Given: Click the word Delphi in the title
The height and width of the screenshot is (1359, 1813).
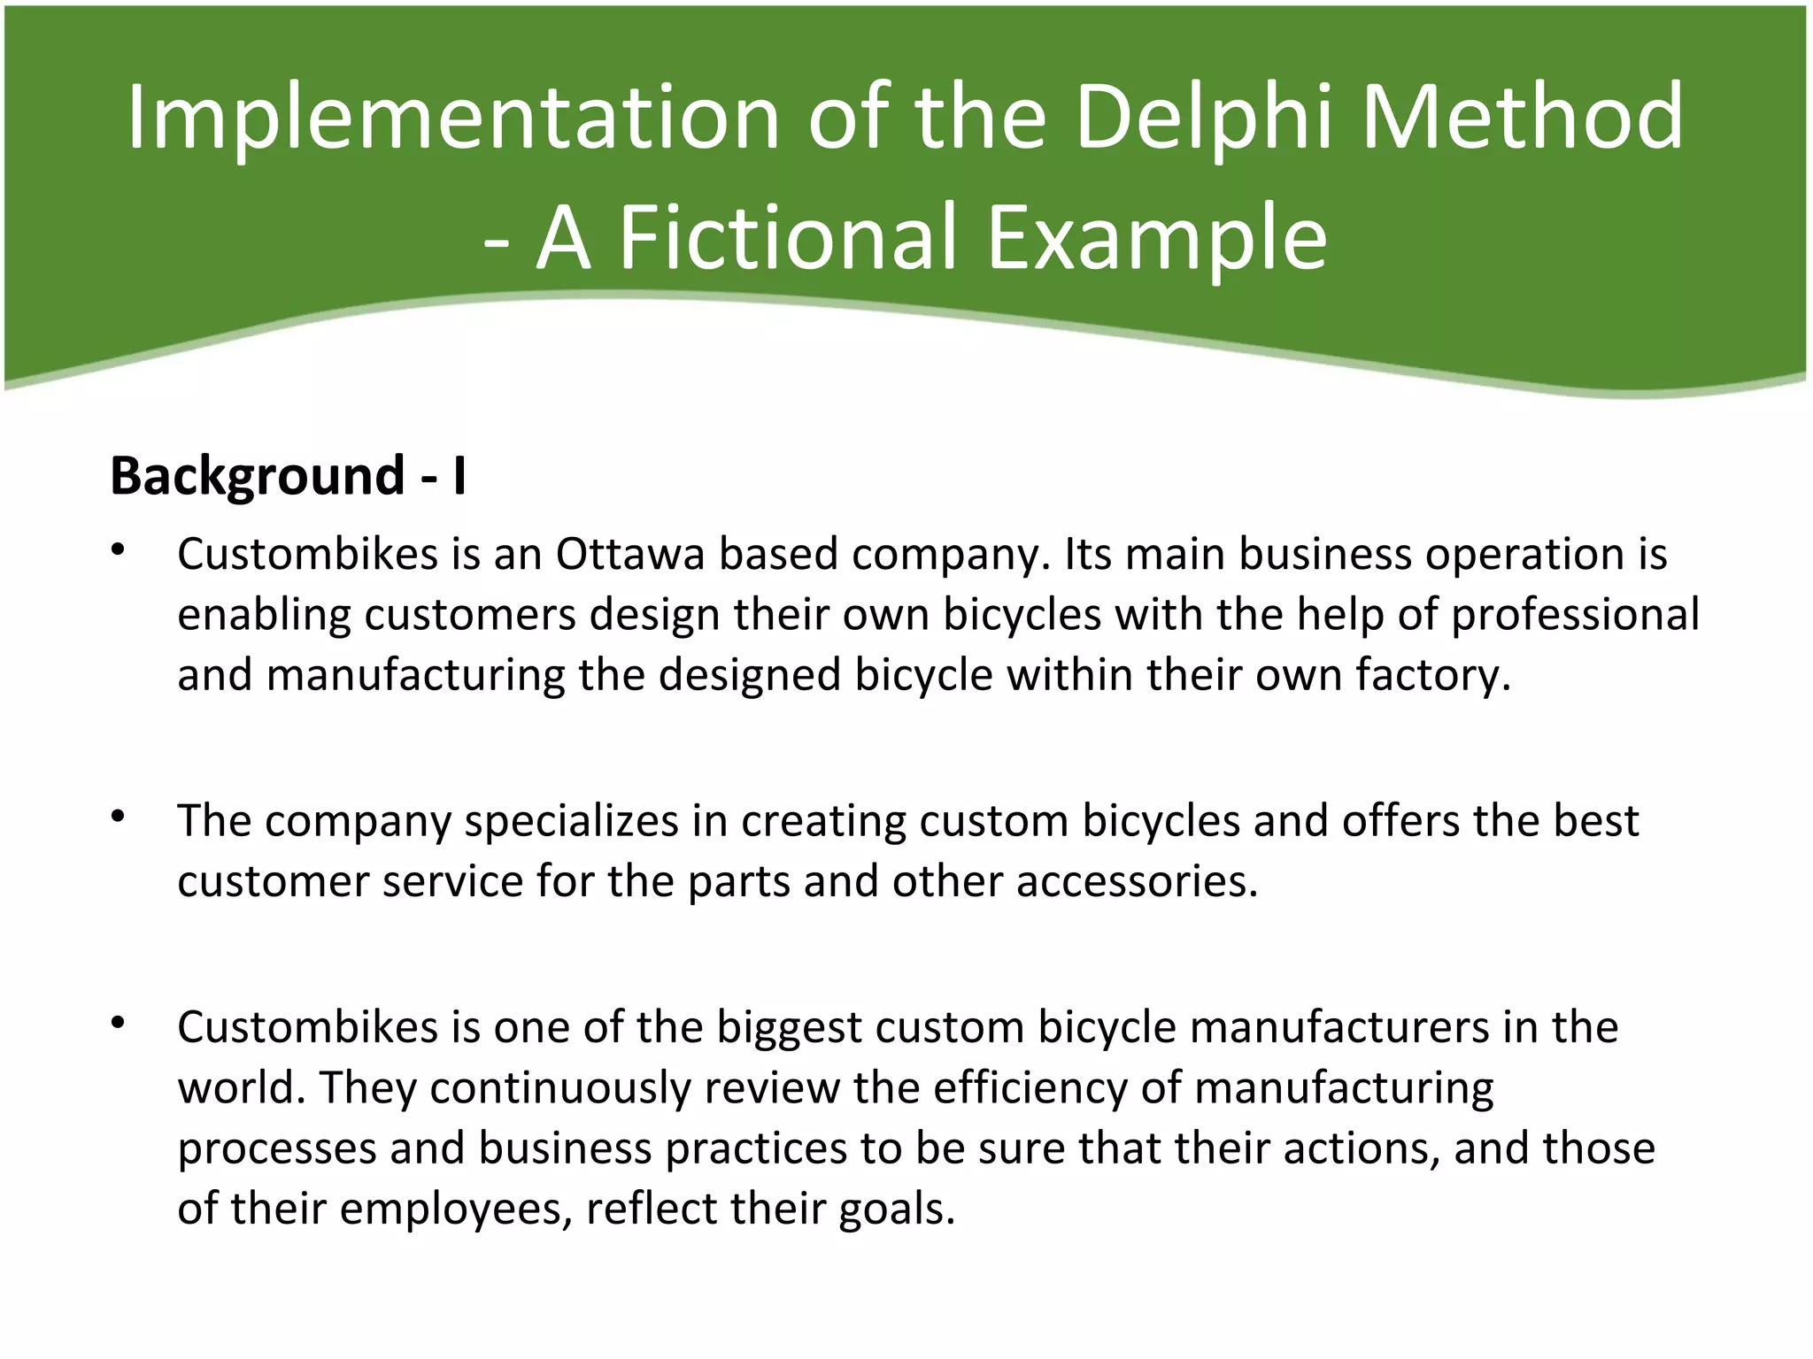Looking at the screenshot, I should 1204,117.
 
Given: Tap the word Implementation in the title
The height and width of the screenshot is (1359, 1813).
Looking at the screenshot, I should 452,117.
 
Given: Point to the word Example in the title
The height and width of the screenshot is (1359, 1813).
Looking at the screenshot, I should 1156,237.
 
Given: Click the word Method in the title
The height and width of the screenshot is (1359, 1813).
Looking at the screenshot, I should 1523,117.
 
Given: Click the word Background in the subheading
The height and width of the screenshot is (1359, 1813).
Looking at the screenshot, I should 257,476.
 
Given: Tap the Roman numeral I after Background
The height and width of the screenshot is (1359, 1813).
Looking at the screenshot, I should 459,476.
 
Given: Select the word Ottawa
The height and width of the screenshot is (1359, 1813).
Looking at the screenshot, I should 630,555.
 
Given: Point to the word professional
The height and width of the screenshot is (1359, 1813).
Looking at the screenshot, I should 1575,615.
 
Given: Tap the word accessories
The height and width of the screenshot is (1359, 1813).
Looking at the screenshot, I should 1137,882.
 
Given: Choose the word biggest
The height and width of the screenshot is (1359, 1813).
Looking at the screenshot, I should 789,1028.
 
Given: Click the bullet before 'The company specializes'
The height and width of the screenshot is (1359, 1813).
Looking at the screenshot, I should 118,818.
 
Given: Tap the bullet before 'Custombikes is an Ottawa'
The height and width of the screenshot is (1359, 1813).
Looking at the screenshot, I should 118,550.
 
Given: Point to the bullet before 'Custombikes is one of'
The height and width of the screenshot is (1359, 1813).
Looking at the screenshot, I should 118,1024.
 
